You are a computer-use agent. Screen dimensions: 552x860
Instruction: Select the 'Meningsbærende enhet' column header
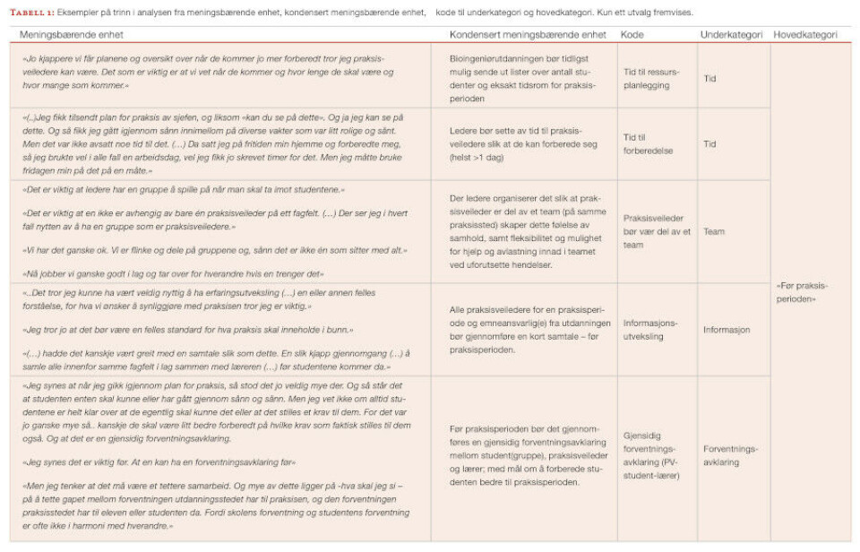click(72, 35)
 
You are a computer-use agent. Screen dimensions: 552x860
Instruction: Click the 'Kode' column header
click(632, 35)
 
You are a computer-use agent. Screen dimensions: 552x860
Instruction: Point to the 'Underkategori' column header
click(730, 35)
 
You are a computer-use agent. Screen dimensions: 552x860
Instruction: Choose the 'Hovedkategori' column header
click(804, 35)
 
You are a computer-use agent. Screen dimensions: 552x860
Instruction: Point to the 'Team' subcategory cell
click(714, 231)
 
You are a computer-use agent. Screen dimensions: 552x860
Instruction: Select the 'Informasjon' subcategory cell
click(727, 329)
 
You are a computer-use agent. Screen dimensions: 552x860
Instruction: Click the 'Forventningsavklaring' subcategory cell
click(730, 455)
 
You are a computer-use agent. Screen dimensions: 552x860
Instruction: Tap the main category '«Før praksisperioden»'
click(802, 292)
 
